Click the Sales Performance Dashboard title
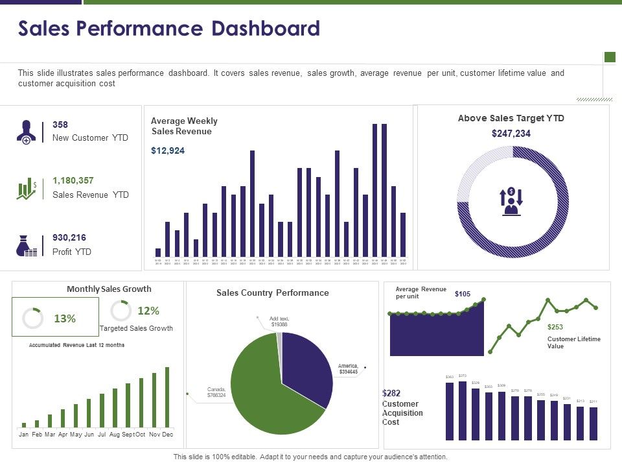point(169,29)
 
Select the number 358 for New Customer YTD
point(60,125)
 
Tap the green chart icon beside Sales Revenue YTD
point(27,189)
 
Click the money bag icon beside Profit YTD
point(26,245)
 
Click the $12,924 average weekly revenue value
point(168,151)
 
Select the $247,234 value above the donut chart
point(511,134)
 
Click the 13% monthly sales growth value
point(65,318)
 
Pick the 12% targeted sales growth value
point(148,311)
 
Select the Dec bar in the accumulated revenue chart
point(167,396)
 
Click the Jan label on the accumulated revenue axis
point(24,434)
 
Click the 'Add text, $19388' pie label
point(280,321)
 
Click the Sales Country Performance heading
point(273,293)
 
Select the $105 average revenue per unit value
point(463,294)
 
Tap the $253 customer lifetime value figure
point(555,328)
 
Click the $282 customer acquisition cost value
point(392,393)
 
